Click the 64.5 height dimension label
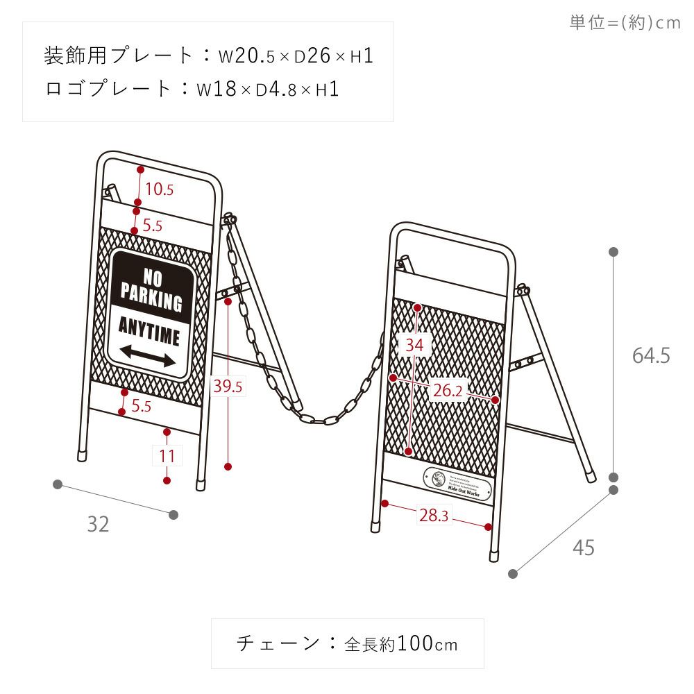650,356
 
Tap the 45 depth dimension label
584,548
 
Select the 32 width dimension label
98,525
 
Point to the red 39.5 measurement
227,387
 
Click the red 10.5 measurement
159,189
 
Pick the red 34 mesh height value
416,344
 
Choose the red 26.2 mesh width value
447,391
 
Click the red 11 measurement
167,456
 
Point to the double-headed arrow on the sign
148,357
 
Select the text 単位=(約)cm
625,23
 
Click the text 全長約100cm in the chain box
401,644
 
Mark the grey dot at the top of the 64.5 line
613,252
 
